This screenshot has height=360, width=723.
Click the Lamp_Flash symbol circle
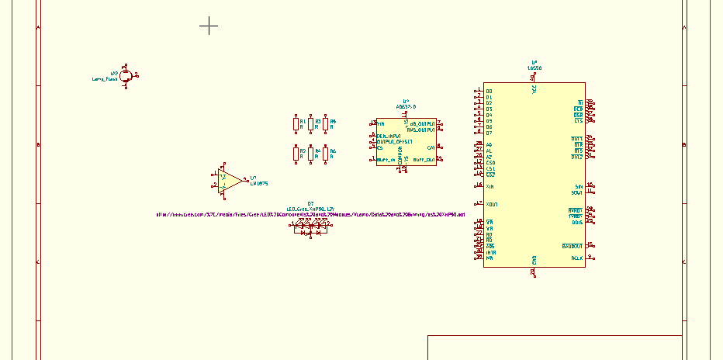tap(125, 76)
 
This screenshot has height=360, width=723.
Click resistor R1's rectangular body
tap(296, 124)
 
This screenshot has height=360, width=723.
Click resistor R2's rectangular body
tap(296, 153)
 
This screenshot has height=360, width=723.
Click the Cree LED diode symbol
tap(310, 228)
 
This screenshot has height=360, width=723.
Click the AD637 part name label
tap(406, 106)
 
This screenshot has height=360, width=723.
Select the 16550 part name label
tap(534, 68)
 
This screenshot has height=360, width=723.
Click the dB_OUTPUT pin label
tap(422, 124)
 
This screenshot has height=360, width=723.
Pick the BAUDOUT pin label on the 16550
tap(572, 246)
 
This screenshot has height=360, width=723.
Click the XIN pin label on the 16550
tap(490, 187)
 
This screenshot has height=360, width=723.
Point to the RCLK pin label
tap(576, 258)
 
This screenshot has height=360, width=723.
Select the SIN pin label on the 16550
tap(577, 186)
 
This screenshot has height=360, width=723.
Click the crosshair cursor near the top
tap(209, 26)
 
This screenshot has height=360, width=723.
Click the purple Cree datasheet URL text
tap(310, 213)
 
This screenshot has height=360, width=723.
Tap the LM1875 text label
tap(259, 183)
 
